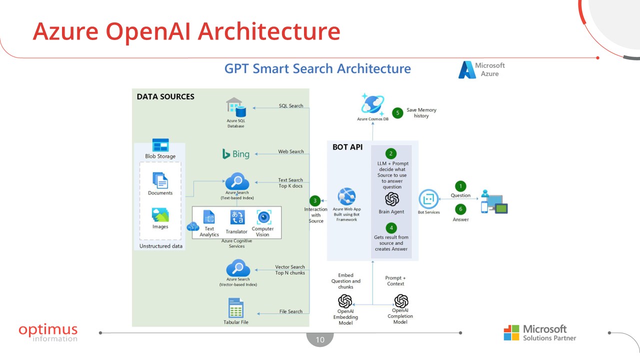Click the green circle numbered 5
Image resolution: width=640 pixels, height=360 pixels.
click(x=398, y=113)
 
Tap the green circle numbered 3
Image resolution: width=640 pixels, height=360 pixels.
click(x=314, y=200)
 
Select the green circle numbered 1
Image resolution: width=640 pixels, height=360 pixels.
click(x=460, y=186)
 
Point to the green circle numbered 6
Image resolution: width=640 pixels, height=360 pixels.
click(x=460, y=209)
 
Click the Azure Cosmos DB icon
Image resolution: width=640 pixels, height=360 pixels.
click(x=372, y=104)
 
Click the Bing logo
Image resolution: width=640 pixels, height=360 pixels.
click(x=236, y=154)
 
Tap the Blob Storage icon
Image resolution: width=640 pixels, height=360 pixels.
click(x=160, y=145)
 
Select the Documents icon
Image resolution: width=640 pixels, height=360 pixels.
click(x=160, y=180)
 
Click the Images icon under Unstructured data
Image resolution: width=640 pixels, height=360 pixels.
click(x=160, y=215)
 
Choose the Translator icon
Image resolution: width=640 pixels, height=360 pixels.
click(x=237, y=217)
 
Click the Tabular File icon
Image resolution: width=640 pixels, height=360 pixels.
click(x=236, y=308)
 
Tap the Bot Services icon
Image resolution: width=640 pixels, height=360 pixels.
click(x=428, y=199)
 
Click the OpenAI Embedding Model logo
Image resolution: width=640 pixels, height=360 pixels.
click(x=345, y=301)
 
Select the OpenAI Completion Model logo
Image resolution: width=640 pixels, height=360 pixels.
click(x=401, y=301)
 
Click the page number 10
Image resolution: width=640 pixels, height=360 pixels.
click(x=320, y=340)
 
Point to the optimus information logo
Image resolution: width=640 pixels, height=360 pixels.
click(x=48, y=332)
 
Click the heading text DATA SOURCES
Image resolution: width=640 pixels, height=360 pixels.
click(x=165, y=96)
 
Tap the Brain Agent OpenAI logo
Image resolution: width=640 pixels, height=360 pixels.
click(x=391, y=199)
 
